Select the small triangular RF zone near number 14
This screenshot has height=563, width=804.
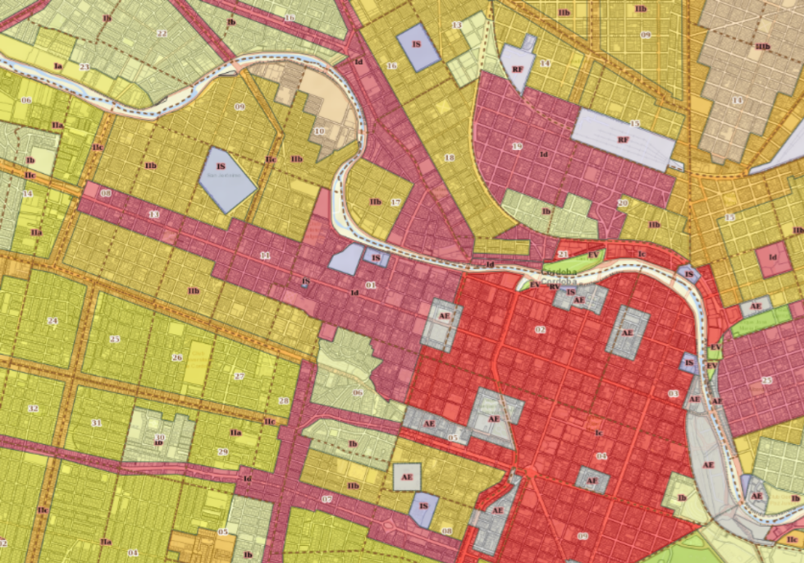517,66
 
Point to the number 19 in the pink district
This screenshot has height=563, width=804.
516,146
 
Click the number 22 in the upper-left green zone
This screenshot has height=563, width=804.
162,34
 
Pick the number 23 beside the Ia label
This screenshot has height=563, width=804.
84,66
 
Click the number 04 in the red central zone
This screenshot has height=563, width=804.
601,456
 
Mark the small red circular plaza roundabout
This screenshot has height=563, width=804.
530,471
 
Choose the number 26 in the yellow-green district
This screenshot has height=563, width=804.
176,357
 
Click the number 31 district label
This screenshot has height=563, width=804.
96,423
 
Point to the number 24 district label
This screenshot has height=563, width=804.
53,321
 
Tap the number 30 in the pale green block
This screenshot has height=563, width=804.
159,437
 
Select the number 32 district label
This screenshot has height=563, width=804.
33,408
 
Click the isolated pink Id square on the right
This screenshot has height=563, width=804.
772,260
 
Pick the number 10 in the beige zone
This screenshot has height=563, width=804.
319,131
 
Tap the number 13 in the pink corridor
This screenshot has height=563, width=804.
153,214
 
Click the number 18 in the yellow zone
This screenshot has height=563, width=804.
448,158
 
